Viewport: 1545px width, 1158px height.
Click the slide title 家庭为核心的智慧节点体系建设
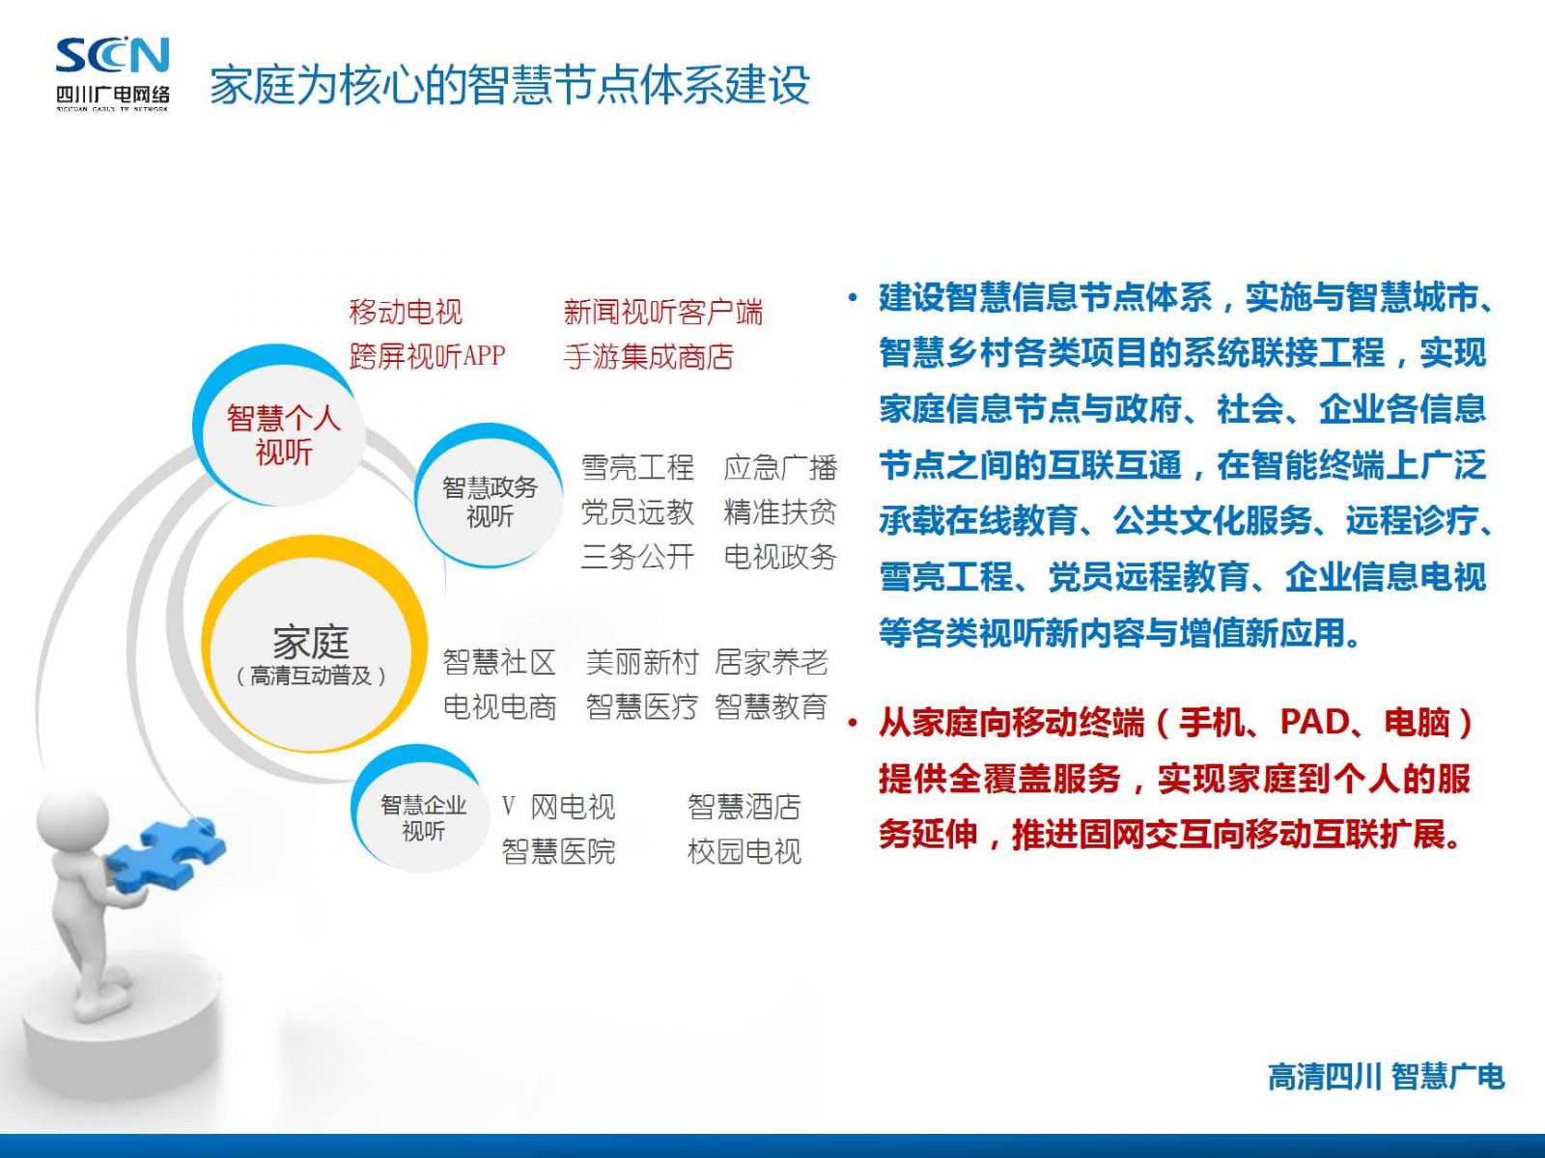click(x=510, y=84)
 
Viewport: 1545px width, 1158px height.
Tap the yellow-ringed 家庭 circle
click(x=314, y=644)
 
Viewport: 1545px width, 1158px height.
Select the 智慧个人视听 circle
click(x=279, y=426)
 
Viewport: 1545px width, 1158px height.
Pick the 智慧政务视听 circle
click(x=490, y=496)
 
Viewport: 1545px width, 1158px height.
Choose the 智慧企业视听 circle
click(x=422, y=809)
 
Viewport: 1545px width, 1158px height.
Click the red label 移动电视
click(x=406, y=312)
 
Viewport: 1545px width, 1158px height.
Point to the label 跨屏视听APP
click(x=427, y=356)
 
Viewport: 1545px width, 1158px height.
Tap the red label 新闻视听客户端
click(x=663, y=312)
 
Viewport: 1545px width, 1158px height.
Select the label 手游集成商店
click(x=648, y=356)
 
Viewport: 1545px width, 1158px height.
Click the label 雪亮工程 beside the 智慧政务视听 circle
click(x=637, y=468)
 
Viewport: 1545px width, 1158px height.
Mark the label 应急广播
click(x=780, y=468)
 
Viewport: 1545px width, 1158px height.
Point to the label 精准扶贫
click(x=780, y=511)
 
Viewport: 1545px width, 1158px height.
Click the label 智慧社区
click(x=500, y=662)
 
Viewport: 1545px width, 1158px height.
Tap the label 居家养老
click(x=771, y=662)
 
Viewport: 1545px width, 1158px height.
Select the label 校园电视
click(x=744, y=851)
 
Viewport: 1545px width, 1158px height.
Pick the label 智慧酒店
click(x=744, y=807)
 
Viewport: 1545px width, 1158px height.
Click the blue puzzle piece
click(x=167, y=853)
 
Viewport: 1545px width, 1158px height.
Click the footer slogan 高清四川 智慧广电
click(x=1386, y=1076)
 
